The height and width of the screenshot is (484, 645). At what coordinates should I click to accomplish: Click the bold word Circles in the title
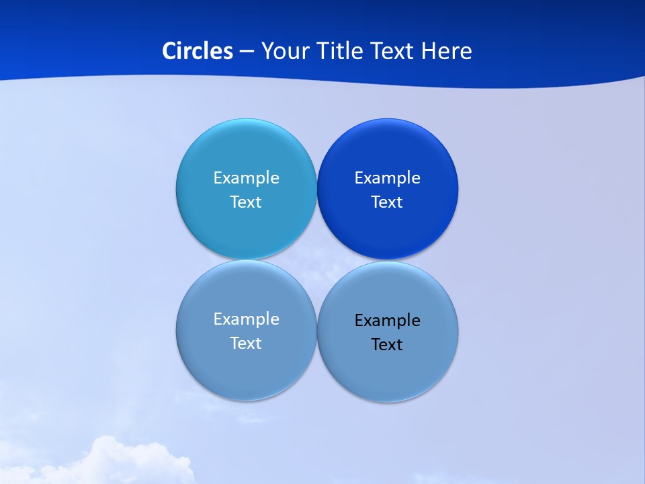pyautogui.click(x=197, y=51)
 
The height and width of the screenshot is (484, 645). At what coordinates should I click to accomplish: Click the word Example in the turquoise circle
pyautogui.click(x=246, y=178)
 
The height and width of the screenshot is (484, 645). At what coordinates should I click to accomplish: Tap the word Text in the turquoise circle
pyautogui.click(x=246, y=202)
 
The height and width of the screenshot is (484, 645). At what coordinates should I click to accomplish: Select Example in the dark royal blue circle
pyautogui.click(x=388, y=178)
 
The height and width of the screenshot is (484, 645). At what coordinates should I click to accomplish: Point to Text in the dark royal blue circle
pyautogui.click(x=388, y=202)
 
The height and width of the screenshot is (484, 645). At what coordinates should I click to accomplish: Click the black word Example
pyautogui.click(x=388, y=321)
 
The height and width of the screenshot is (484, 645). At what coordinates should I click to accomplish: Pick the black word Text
pyautogui.click(x=388, y=345)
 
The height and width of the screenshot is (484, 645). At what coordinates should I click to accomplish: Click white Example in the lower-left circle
pyautogui.click(x=246, y=319)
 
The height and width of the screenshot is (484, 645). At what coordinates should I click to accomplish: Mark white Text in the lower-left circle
pyautogui.click(x=246, y=344)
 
